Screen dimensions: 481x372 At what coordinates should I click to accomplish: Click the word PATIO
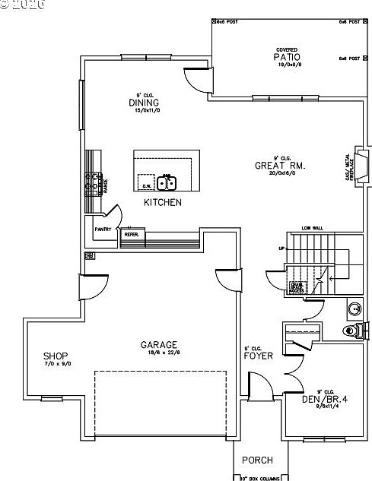pyautogui.click(x=287, y=57)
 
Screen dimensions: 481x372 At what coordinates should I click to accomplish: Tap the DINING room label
pyautogui.click(x=142, y=103)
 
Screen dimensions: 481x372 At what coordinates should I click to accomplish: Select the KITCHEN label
pyautogui.click(x=163, y=203)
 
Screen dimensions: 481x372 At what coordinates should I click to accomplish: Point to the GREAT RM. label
pyautogui.click(x=281, y=165)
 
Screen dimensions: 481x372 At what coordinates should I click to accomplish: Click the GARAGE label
pyautogui.click(x=159, y=344)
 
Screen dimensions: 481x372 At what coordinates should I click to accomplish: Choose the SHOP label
pyautogui.click(x=56, y=356)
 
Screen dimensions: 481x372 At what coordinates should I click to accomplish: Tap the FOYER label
pyautogui.click(x=259, y=355)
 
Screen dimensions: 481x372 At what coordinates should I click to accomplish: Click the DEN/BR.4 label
pyautogui.click(x=323, y=399)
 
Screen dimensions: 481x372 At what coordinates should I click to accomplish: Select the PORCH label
pyautogui.click(x=257, y=460)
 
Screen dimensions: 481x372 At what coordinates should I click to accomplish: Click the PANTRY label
pyautogui.click(x=103, y=229)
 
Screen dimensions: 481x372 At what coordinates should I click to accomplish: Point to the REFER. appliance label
pyautogui.click(x=131, y=234)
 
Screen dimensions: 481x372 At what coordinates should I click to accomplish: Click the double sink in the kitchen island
pyautogui.click(x=167, y=182)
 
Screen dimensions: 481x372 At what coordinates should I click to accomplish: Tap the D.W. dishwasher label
pyautogui.click(x=147, y=185)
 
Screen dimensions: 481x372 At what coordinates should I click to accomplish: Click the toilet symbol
pyautogui.click(x=351, y=330)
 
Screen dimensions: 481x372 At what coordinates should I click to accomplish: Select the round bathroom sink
pyautogui.click(x=354, y=309)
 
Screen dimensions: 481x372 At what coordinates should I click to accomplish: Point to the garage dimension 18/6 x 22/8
pyautogui.click(x=159, y=353)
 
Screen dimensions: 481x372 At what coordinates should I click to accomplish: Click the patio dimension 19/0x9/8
pyautogui.click(x=287, y=65)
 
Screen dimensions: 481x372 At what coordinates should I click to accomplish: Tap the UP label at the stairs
pyautogui.click(x=282, y=248)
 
